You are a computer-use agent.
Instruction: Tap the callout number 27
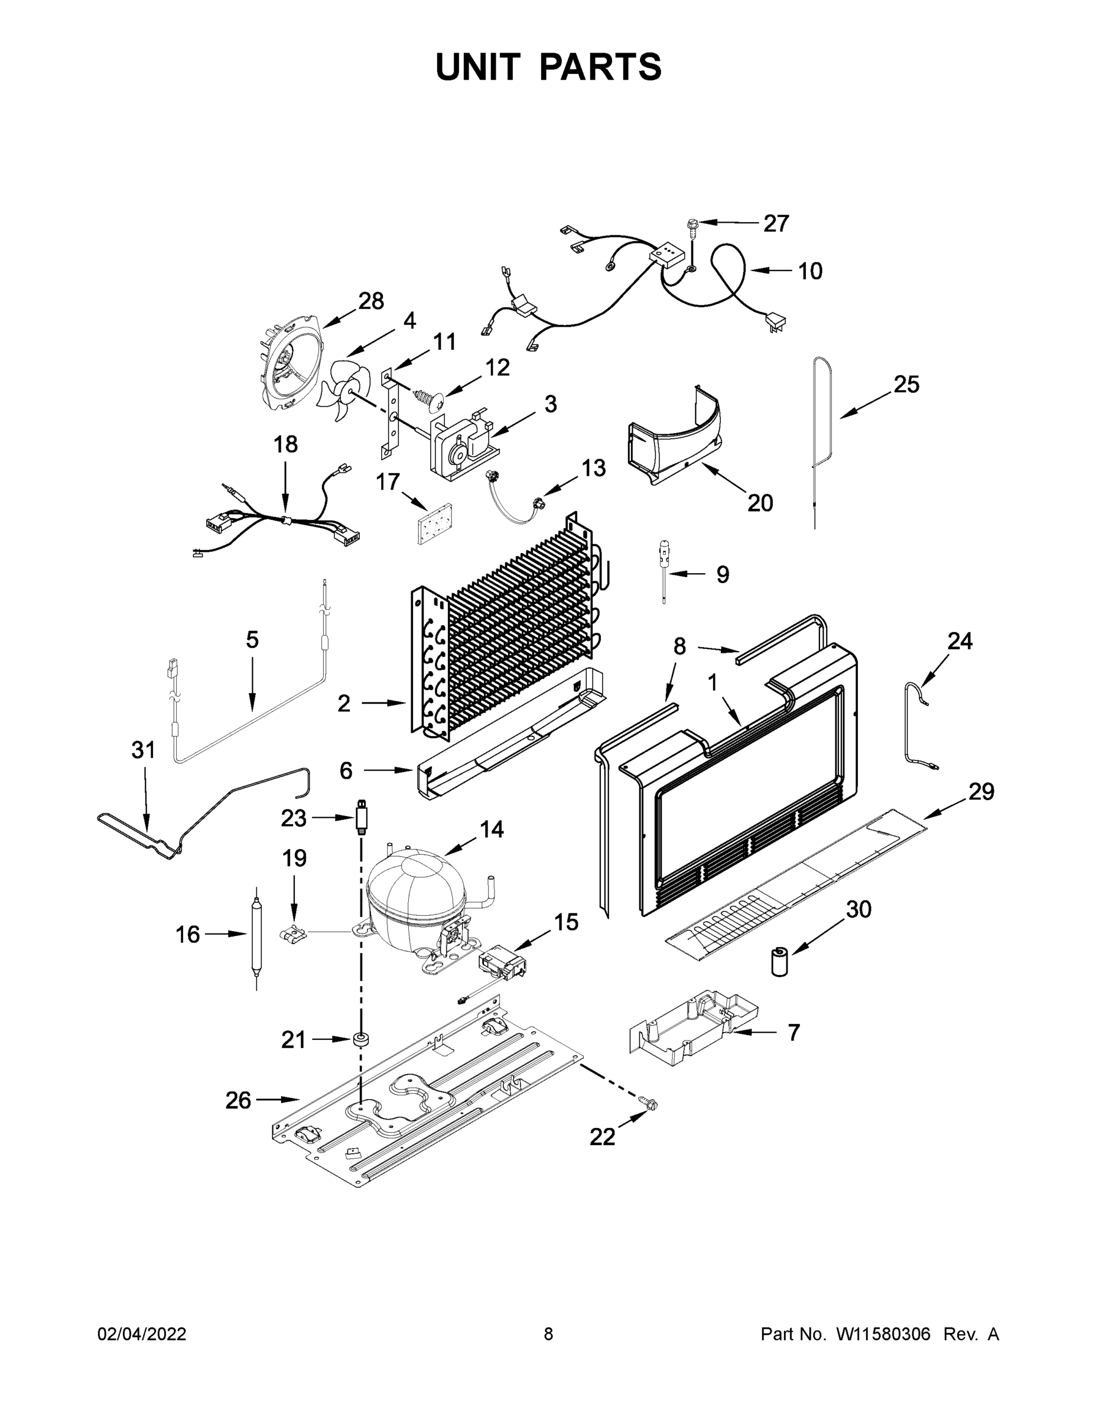point(775,223)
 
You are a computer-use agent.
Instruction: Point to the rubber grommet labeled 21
point(361,1039)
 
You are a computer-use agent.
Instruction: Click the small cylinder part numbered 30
point(779,961)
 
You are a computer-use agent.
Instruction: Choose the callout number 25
point(906,385)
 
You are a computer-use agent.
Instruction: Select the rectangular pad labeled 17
point(434,522)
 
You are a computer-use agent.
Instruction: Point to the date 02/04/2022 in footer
point(142,1334)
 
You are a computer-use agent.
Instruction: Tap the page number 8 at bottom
point(548,1334)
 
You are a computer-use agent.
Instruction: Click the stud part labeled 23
point(362,819)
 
